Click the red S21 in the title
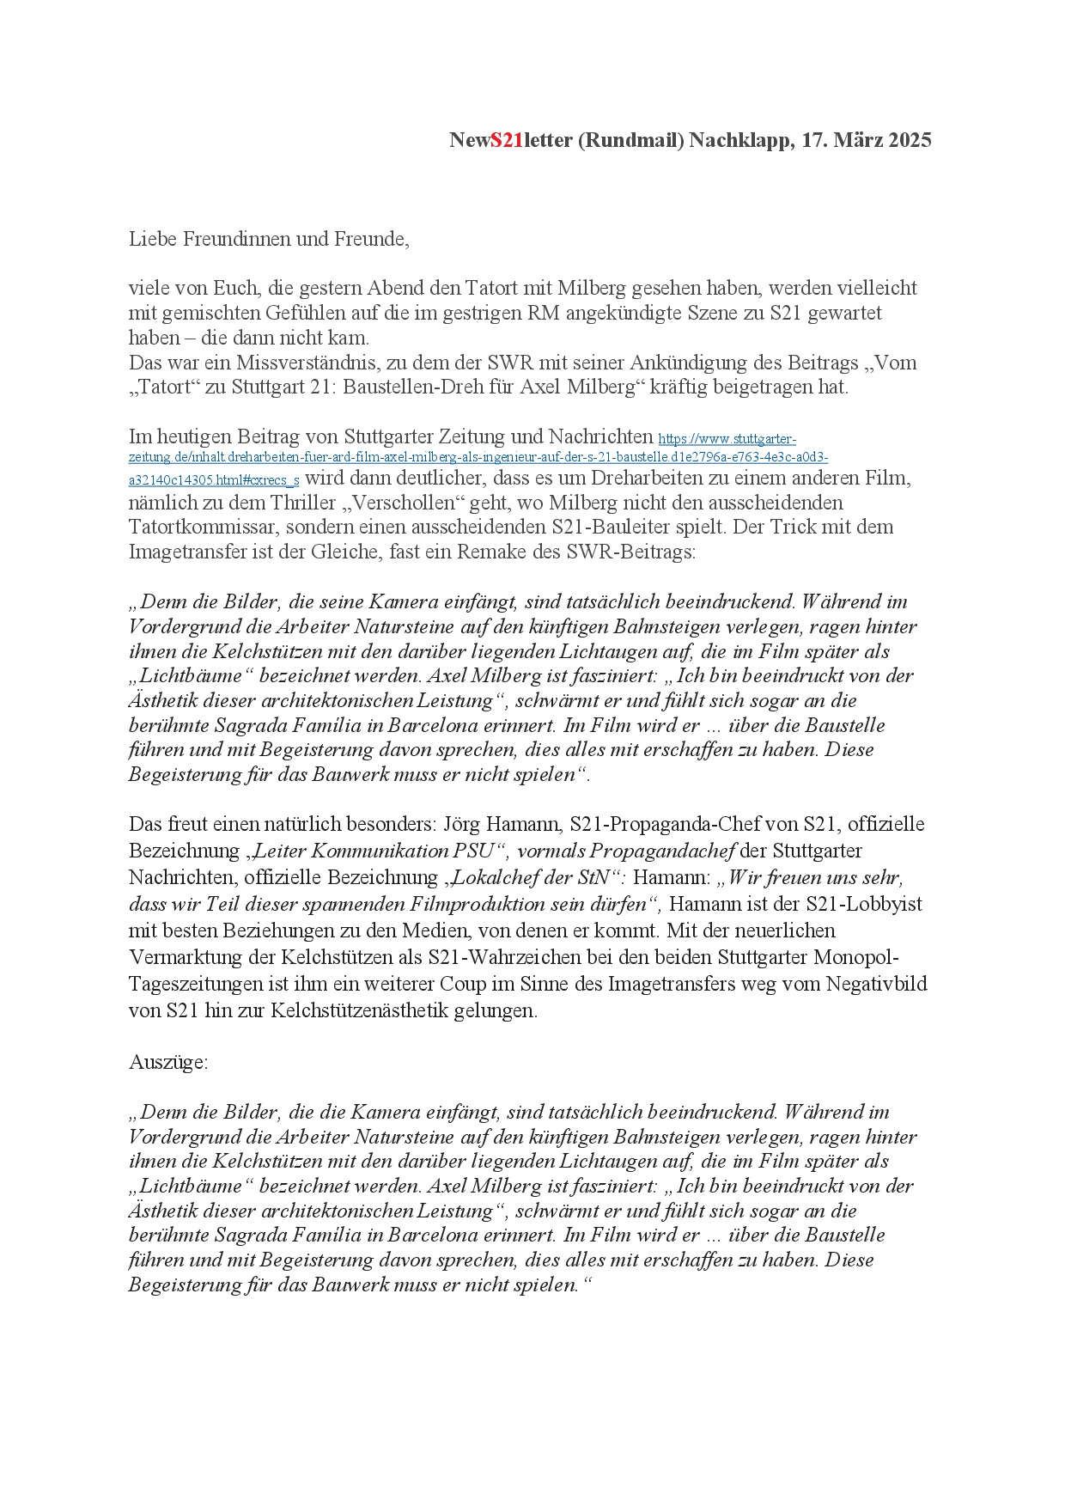click(507, 140)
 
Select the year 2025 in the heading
click(910, 140)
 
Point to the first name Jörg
click(461, 825)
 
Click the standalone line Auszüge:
click(168, 1062)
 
